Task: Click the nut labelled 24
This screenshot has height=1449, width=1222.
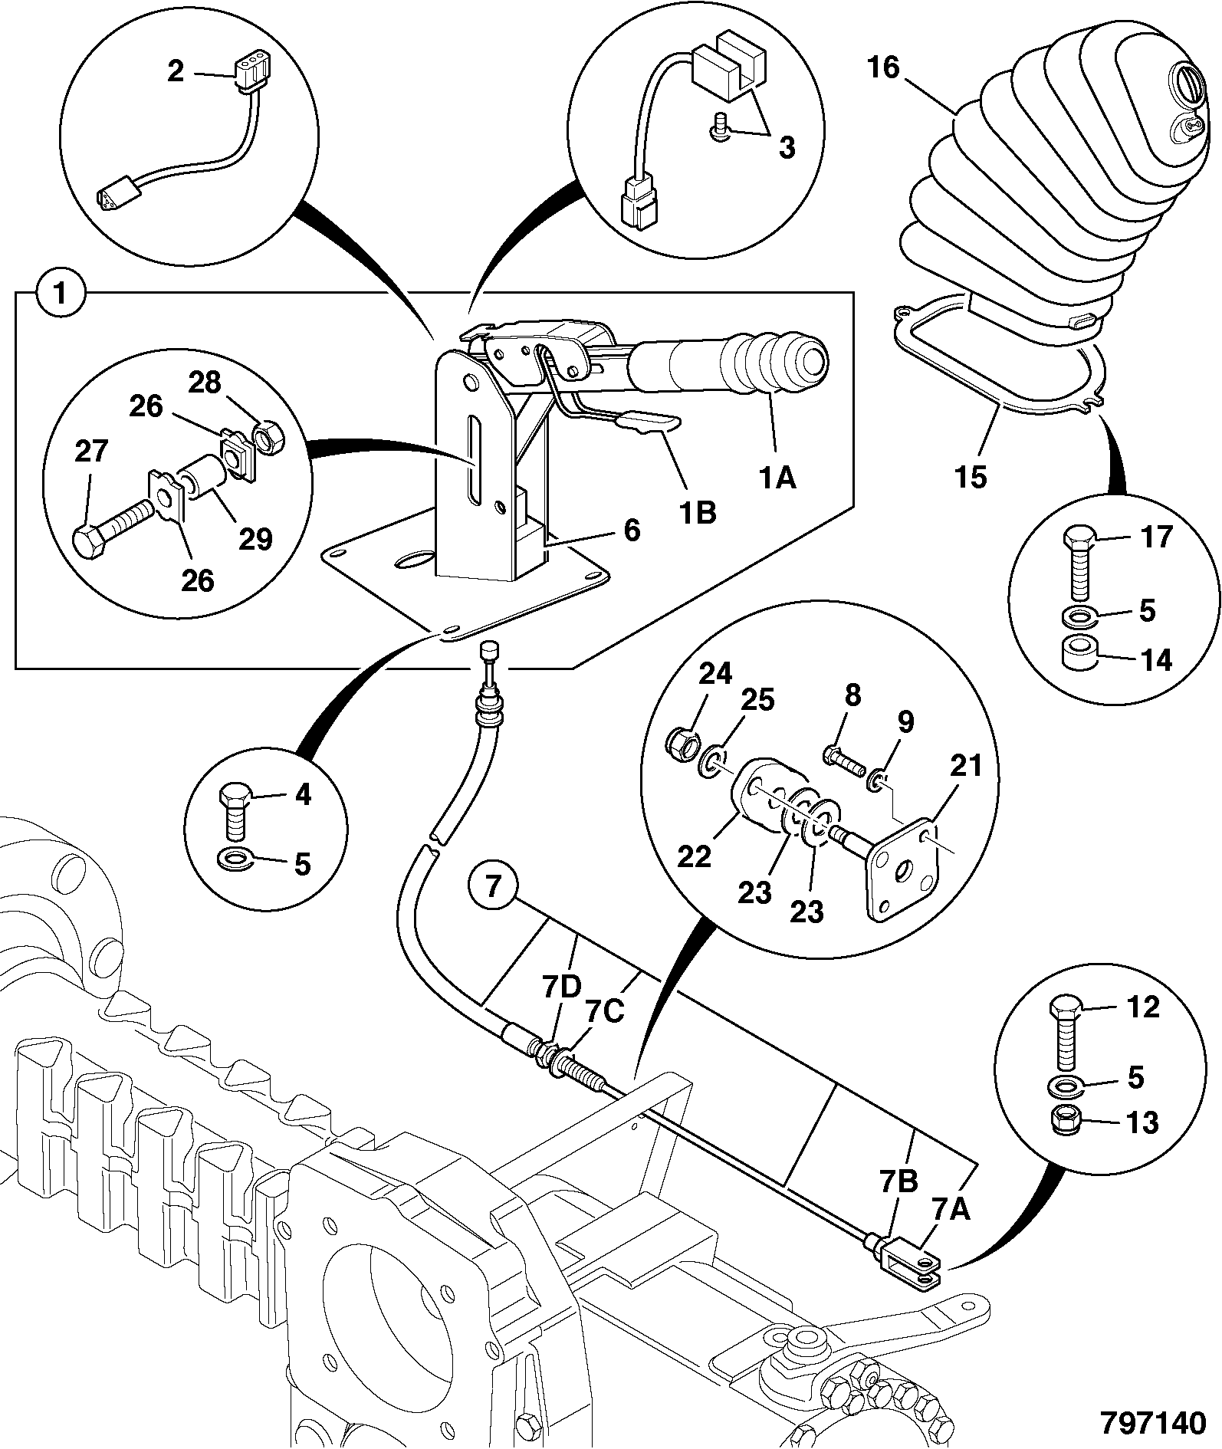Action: tap(679, 741)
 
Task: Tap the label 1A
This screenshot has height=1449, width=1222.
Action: tap(777, 478)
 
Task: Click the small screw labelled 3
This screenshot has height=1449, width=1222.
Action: tap(719, 126)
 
